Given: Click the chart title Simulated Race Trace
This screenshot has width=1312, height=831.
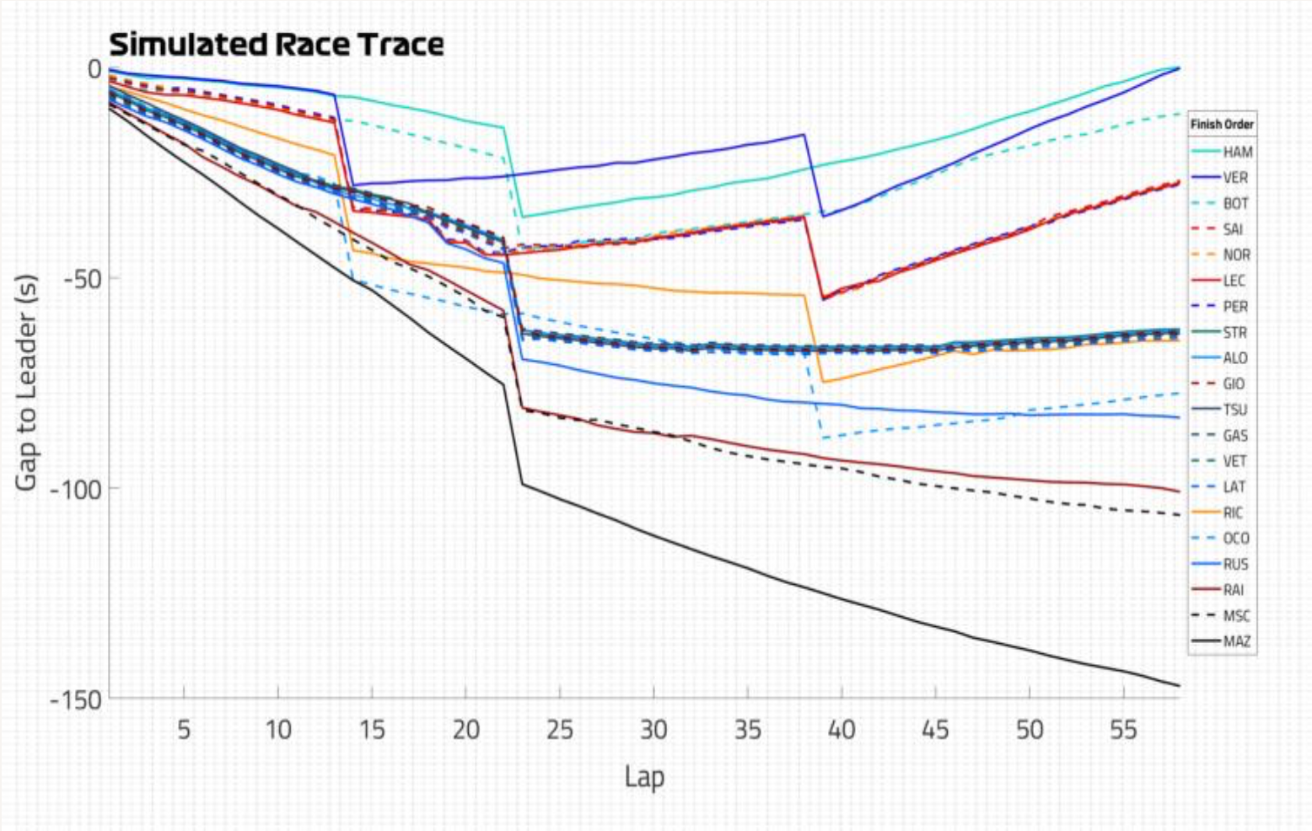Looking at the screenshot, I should tap(277, 44).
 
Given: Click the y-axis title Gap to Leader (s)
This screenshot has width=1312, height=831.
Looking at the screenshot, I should tap(26, 382).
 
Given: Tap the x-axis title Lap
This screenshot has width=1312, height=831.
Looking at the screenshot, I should tap(644, 776).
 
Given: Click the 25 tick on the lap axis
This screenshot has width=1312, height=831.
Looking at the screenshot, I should tap(560, 729).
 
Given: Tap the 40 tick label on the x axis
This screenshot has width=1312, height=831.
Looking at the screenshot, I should tap(842, 729).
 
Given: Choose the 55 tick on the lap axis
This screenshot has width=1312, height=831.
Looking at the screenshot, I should tap(1123, 729).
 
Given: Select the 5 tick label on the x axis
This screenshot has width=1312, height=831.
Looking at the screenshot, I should tap(184, 729).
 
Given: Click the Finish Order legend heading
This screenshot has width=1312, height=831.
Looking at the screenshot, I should tap(1222, 125).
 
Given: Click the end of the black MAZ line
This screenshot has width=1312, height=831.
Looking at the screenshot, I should tap(1179, 685).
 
